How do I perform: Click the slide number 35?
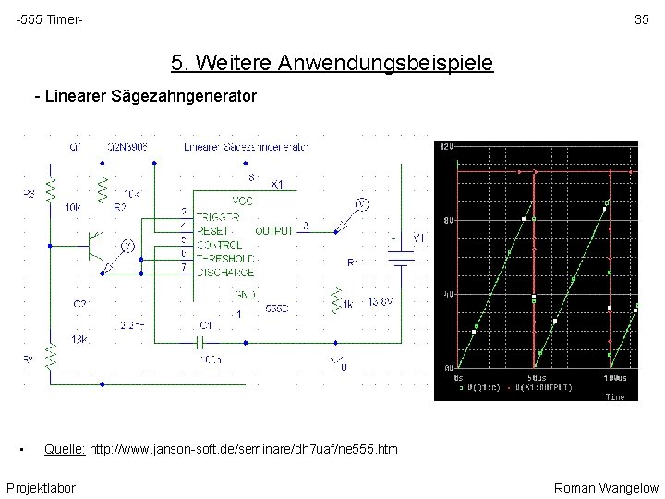pyautogui.click(x=640, y=19)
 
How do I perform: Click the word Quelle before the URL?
pyautogui.click(x=65, y=449)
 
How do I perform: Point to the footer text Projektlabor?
pyautogui.click(x=41, y=487)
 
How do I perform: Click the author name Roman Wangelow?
pyautogui.click(x=606, y=487)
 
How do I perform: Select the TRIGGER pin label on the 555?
pyautogui.click(x=218, y=216)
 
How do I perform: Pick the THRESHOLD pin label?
pyautogui.click(x=224, y=259)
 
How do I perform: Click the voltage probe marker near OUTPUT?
pyautogui.click(x=362, y=204)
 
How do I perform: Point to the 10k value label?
pyautogui.click(x=73, y=208)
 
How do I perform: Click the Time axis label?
pyautogui.click(x=614, y=396)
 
